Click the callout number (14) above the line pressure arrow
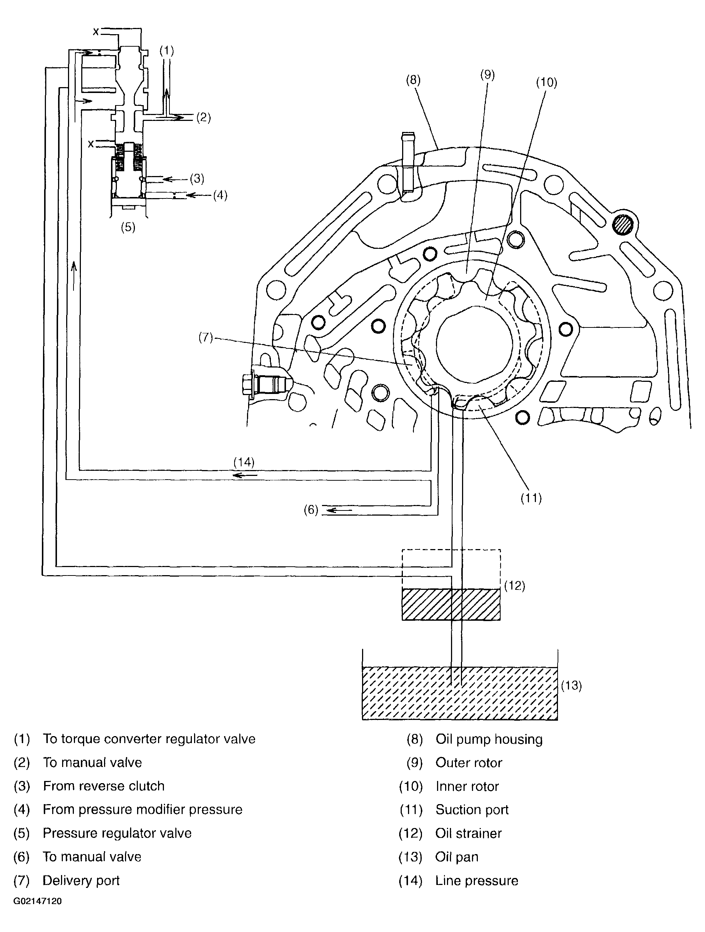244,462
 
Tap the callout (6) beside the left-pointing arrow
311,510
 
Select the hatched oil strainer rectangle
451,605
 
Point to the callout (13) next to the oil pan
572,685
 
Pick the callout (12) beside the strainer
515,586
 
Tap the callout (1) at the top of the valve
167,51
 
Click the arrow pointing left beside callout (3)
173,179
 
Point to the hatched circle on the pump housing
623,225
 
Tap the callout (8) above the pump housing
413,80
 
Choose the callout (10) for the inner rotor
546,83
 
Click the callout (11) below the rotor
531,498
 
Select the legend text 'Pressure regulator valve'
117,833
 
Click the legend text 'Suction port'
472,809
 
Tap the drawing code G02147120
37,901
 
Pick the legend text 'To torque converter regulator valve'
149,739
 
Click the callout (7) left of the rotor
205,337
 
